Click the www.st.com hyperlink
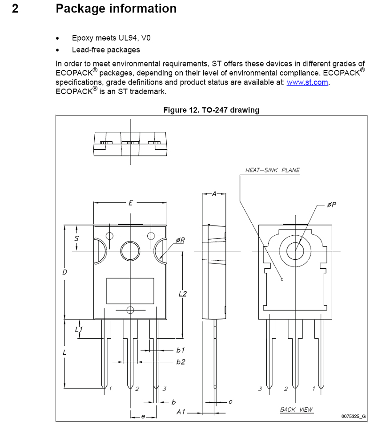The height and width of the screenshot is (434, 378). pyautogui.click(x=307, y=82)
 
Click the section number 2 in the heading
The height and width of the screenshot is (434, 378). pyautogui.click(x=15, y=8)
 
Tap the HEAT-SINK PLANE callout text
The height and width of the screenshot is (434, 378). pyautogui.click(x=273, y=170)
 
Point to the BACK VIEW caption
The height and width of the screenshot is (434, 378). pyautogui.click(x=296, y=409)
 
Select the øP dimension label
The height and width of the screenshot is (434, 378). pyautogui.click(x=331, y=205)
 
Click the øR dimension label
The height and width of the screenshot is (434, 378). pyautogui.click(x=180, y=240)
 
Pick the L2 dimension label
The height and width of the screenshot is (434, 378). pyautogui.click(x=183, y=294)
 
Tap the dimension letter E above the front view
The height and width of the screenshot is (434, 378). pyautogui.click(x=130, y=203)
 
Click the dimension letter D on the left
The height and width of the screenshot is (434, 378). pyautogui.click(x=64, y=272)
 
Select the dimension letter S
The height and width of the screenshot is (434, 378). pyautogui.click(x=76, y=238)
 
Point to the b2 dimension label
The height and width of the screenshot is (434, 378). pyautogui.click(x=181, y=362)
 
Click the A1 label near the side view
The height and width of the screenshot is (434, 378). pyautogui.click(x=181, y=412)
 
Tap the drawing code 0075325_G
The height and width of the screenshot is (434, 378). pyautogui.click(x=354, y=416)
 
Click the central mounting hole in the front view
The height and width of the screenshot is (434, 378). pyautogui.click(x=130, y=251)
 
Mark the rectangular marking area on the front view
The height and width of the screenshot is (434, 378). pyautogui.click(x=130, y=291)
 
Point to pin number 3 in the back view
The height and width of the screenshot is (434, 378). pyautogui.click(x=260, y=389)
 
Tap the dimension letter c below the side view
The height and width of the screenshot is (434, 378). pyautogui.click(x=230, y=401)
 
